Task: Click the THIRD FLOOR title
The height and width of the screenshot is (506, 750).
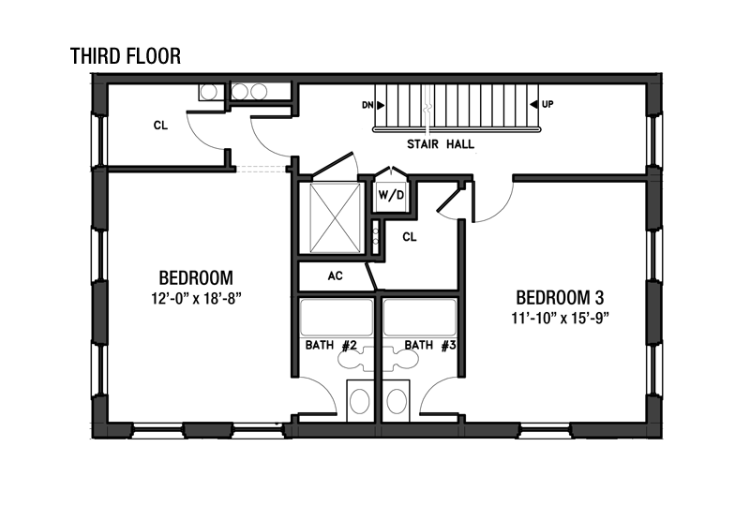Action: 126,56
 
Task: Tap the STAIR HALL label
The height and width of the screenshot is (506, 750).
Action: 441,144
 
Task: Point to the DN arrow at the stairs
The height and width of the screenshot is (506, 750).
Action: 381,105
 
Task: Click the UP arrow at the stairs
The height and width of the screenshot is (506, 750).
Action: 533,104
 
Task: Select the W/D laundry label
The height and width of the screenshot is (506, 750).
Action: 391,195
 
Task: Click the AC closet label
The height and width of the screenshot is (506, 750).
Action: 336,275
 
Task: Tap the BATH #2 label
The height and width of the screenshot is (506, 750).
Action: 331,346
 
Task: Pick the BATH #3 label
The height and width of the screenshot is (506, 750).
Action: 430,346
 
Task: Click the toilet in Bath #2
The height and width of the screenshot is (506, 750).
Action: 360,400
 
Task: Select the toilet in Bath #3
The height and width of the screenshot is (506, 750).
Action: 397,400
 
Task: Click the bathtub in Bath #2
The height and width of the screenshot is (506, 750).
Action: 336,318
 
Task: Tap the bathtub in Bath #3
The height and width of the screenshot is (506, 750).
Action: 420,318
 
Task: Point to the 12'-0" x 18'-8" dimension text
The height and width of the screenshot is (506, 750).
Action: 196,299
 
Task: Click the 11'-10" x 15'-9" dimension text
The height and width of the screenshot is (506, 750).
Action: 560,319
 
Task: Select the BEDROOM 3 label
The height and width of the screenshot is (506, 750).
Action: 560,297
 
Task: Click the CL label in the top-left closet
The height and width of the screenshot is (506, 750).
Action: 160,126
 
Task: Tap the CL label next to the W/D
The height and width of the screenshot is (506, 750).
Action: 410,237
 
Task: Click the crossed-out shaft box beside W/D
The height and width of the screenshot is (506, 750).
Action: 335,217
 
